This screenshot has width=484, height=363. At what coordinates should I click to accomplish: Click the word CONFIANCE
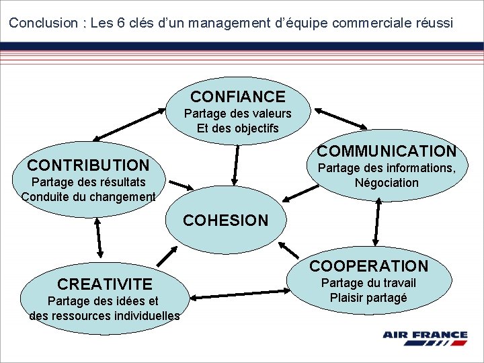click(x=238, y=97)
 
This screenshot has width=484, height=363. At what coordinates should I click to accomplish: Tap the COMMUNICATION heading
click(x=387, y=151)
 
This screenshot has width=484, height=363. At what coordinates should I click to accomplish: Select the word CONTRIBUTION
click(x=88, y=165)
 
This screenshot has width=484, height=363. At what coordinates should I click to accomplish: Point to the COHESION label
click(x=225, y=220)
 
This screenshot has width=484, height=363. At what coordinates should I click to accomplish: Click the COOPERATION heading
click(x=368, y=266)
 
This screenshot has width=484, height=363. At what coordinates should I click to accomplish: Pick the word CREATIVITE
click(x=105, y=284)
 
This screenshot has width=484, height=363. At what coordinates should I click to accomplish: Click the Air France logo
click(x=425, y=337)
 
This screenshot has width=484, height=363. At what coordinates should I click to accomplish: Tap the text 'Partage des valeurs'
click(x=238, y=114)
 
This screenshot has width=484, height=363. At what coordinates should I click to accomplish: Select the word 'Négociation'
click(x=387, y=183)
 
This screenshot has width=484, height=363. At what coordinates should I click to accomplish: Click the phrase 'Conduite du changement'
click(x=88, y=197)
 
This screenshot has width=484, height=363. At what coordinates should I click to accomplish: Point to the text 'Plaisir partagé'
click(x=368, y=298)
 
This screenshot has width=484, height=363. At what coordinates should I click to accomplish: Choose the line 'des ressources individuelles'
click(x=105, y=315)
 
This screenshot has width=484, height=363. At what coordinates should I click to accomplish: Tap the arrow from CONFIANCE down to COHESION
click(x=236, y=164)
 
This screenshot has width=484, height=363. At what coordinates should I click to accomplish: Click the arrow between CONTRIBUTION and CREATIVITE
click(x=99, y=237)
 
